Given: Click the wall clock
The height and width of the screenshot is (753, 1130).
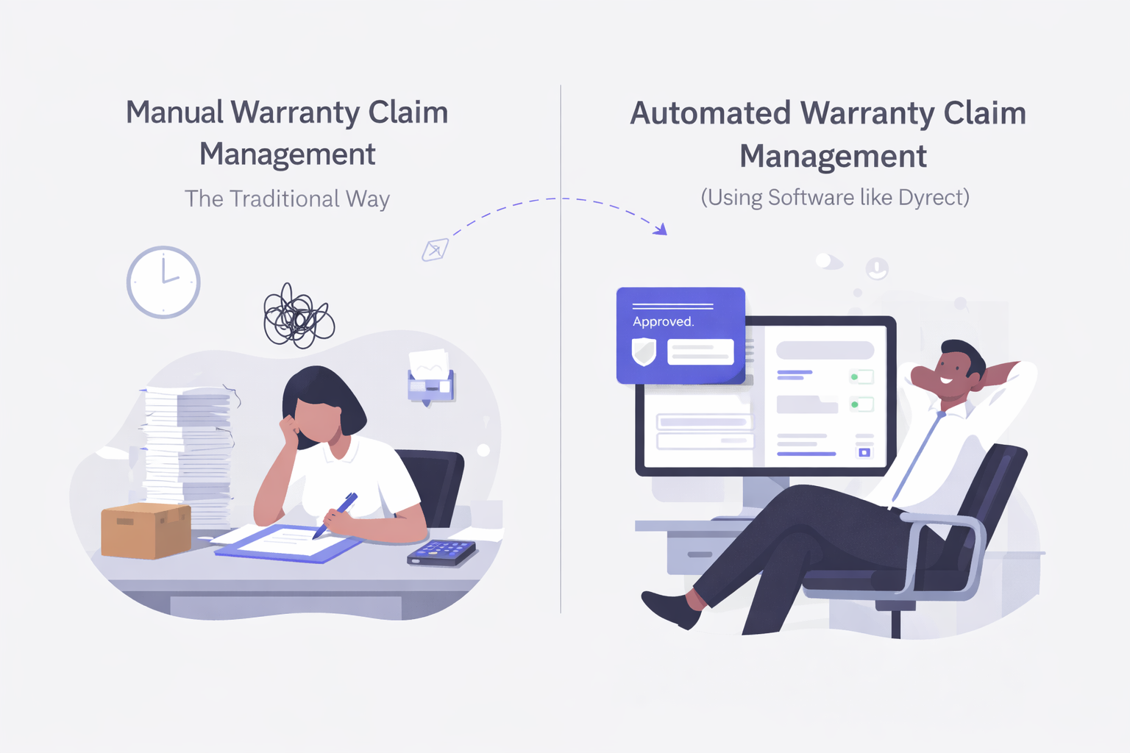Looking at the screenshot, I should [x=163, y=282].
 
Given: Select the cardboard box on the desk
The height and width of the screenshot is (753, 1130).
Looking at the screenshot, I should [x=146, y=530].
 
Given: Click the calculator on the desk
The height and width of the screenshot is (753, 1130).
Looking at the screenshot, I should [x=441, y=552].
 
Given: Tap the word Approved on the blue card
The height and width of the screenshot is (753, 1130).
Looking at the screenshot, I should [x=663, y=321].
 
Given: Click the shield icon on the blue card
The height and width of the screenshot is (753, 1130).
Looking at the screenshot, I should [x=644, y=351].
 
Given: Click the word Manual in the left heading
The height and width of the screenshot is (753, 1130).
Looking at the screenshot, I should [x=174, y=113].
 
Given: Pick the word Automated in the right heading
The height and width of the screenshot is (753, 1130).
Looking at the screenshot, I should [x=710, y=113].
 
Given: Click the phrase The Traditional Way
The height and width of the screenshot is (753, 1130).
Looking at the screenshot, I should [x=287, y=199].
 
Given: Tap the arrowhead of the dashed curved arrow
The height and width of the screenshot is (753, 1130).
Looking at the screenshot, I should [x=661, y=229].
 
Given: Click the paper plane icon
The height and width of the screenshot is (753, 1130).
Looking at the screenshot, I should [x=435, y=250].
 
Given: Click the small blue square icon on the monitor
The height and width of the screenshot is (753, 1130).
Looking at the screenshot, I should [x=864, y=452].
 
